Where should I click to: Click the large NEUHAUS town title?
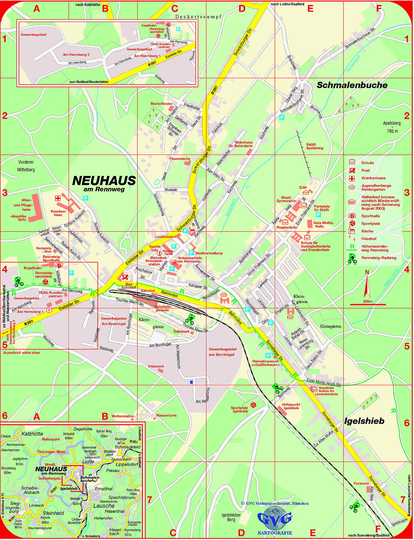point(104,181)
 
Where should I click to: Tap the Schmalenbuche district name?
point(352,85)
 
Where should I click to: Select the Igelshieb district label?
point(364,421)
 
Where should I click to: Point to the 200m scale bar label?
point(367,301)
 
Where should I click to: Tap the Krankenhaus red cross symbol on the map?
point(58,198)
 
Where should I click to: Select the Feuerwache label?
point(180,159)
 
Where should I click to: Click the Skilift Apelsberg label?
point(314,146)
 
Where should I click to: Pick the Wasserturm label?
point(166,415)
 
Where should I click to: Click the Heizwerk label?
point(156,366)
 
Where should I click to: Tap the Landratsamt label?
point(165,237)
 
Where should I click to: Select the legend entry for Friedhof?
point(369,239)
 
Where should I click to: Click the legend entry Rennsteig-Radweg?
point(379,258)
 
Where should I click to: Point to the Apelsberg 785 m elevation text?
point(392,127)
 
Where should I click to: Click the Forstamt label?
point(361,483)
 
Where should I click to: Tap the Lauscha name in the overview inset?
point(104,505)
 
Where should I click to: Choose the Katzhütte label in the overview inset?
point(32,433)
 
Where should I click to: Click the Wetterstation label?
point(123,416)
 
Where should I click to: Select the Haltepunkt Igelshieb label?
point(291,406)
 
